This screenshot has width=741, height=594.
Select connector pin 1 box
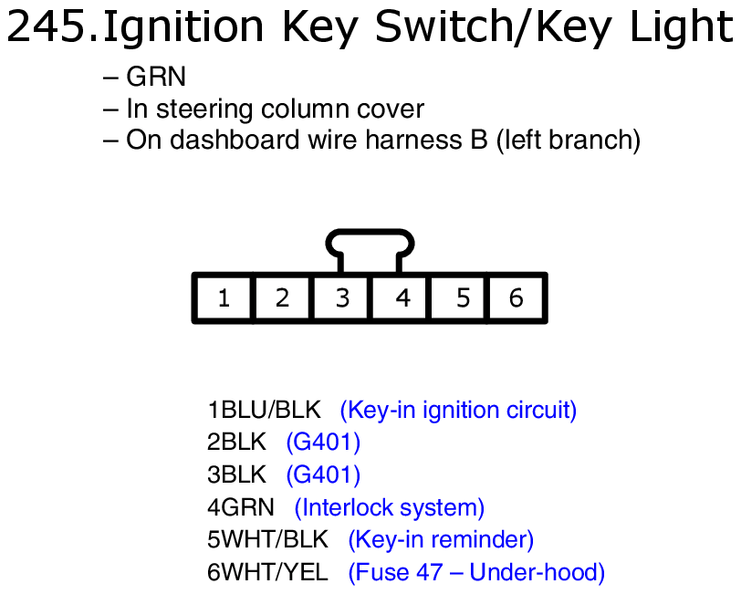point(224,297)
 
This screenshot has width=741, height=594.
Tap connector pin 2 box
point(282,297)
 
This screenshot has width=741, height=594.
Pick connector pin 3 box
point(341,297)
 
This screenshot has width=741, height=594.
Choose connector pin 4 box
point(400,297)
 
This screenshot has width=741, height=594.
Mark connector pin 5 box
point(458,297)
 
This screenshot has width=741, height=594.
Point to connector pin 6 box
point(517,297)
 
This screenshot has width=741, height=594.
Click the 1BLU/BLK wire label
point(264,410)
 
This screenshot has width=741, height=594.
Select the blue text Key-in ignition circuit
point(458,411)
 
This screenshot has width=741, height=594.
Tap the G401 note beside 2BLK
point(323,443)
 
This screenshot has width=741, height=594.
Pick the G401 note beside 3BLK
point(323,474)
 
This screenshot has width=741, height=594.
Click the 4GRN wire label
point(241,507)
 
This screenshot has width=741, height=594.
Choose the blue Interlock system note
point(390,508)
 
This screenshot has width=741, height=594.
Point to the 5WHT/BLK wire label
point(267,539)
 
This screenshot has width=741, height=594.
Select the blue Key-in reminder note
point(441,540)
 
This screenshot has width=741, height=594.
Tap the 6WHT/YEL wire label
point(267,572)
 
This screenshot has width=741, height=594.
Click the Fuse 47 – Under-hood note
point(476,573)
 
